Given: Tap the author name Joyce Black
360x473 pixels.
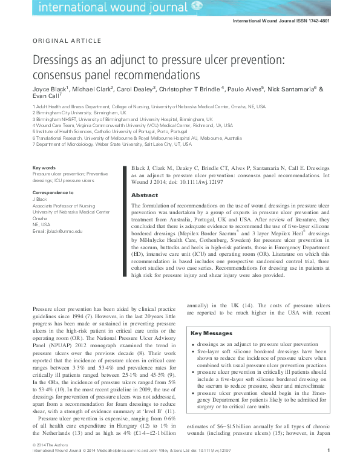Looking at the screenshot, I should (50, 88).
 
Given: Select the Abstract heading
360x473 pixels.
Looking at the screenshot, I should (145, 195).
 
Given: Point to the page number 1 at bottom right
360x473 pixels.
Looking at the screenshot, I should (327, 467).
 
